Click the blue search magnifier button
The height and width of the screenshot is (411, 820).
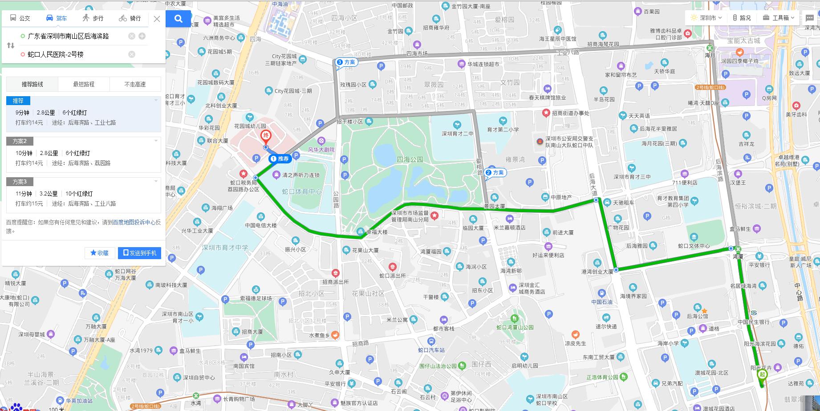[179, 19]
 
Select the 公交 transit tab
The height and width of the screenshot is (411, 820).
[20, 18]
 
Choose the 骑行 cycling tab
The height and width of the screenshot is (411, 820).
[130, 18]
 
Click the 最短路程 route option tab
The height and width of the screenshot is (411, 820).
[84, 84]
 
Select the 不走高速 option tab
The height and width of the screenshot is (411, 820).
[135, 84]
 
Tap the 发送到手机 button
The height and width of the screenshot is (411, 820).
[139, 253]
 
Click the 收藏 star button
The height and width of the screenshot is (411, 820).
[100, 253]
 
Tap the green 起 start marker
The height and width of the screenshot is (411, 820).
[762, 375]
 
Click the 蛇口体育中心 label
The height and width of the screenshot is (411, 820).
[302, 191]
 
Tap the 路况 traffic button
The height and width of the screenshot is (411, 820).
[742, 18]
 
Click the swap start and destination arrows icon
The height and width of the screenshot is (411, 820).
[11, 45]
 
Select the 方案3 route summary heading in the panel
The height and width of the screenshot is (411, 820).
[20, 182]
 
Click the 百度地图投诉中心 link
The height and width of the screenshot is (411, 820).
[134, 222]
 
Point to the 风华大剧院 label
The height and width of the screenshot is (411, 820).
[321, 150]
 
